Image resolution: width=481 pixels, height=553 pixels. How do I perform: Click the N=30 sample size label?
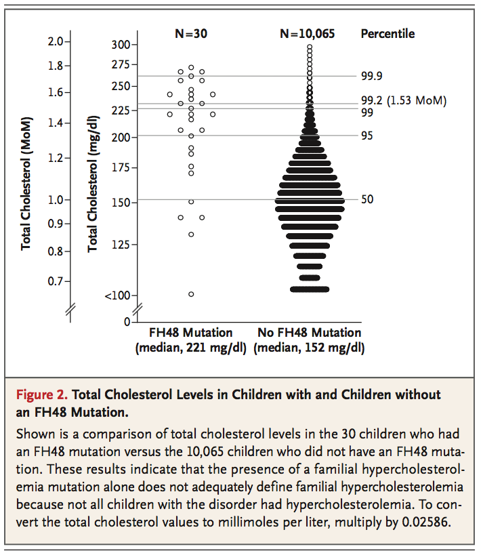(191, 34)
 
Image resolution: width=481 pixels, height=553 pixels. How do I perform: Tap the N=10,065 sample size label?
(307, 34)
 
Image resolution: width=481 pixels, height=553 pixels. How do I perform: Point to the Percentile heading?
(388, 34)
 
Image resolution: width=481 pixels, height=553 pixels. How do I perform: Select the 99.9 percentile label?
(371, 76)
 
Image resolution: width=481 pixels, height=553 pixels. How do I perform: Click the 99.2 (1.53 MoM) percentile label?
(404, 100)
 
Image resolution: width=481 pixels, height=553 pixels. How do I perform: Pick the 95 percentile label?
(367, 136)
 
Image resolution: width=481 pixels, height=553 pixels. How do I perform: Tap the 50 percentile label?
(367, 199)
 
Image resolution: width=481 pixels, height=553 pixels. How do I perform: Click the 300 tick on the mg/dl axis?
(121, 45)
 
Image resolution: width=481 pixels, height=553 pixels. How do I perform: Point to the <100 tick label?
(117, 295)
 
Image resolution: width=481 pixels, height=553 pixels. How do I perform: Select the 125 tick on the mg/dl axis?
(121, 244)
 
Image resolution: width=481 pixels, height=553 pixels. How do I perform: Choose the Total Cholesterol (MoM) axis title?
(26, 184)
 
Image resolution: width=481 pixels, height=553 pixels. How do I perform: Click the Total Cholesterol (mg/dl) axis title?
(92, 184)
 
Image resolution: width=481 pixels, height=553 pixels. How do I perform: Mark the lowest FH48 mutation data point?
(191, 294)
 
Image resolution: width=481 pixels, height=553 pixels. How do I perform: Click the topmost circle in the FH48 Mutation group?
(191, 67)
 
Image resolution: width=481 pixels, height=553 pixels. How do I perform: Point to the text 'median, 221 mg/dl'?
(191, 348)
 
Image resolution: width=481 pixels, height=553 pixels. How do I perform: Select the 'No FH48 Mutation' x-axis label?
(310, 333)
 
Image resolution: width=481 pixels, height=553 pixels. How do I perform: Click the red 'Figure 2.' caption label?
(41, 394)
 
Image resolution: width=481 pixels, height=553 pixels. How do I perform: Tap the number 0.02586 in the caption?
(426, 522)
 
